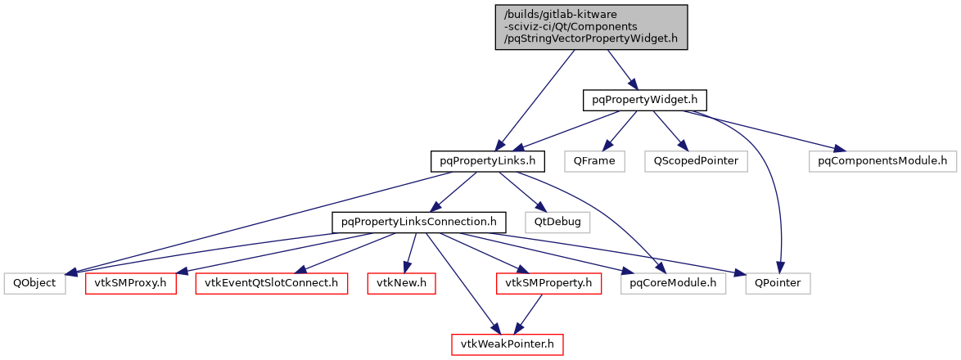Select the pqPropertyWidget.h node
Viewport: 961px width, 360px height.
643,101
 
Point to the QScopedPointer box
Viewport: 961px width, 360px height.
695,161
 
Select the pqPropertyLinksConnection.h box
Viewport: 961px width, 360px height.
418,222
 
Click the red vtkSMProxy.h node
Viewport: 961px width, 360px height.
131,283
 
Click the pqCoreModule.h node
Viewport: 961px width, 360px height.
672,283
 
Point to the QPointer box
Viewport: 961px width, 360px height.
778,283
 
